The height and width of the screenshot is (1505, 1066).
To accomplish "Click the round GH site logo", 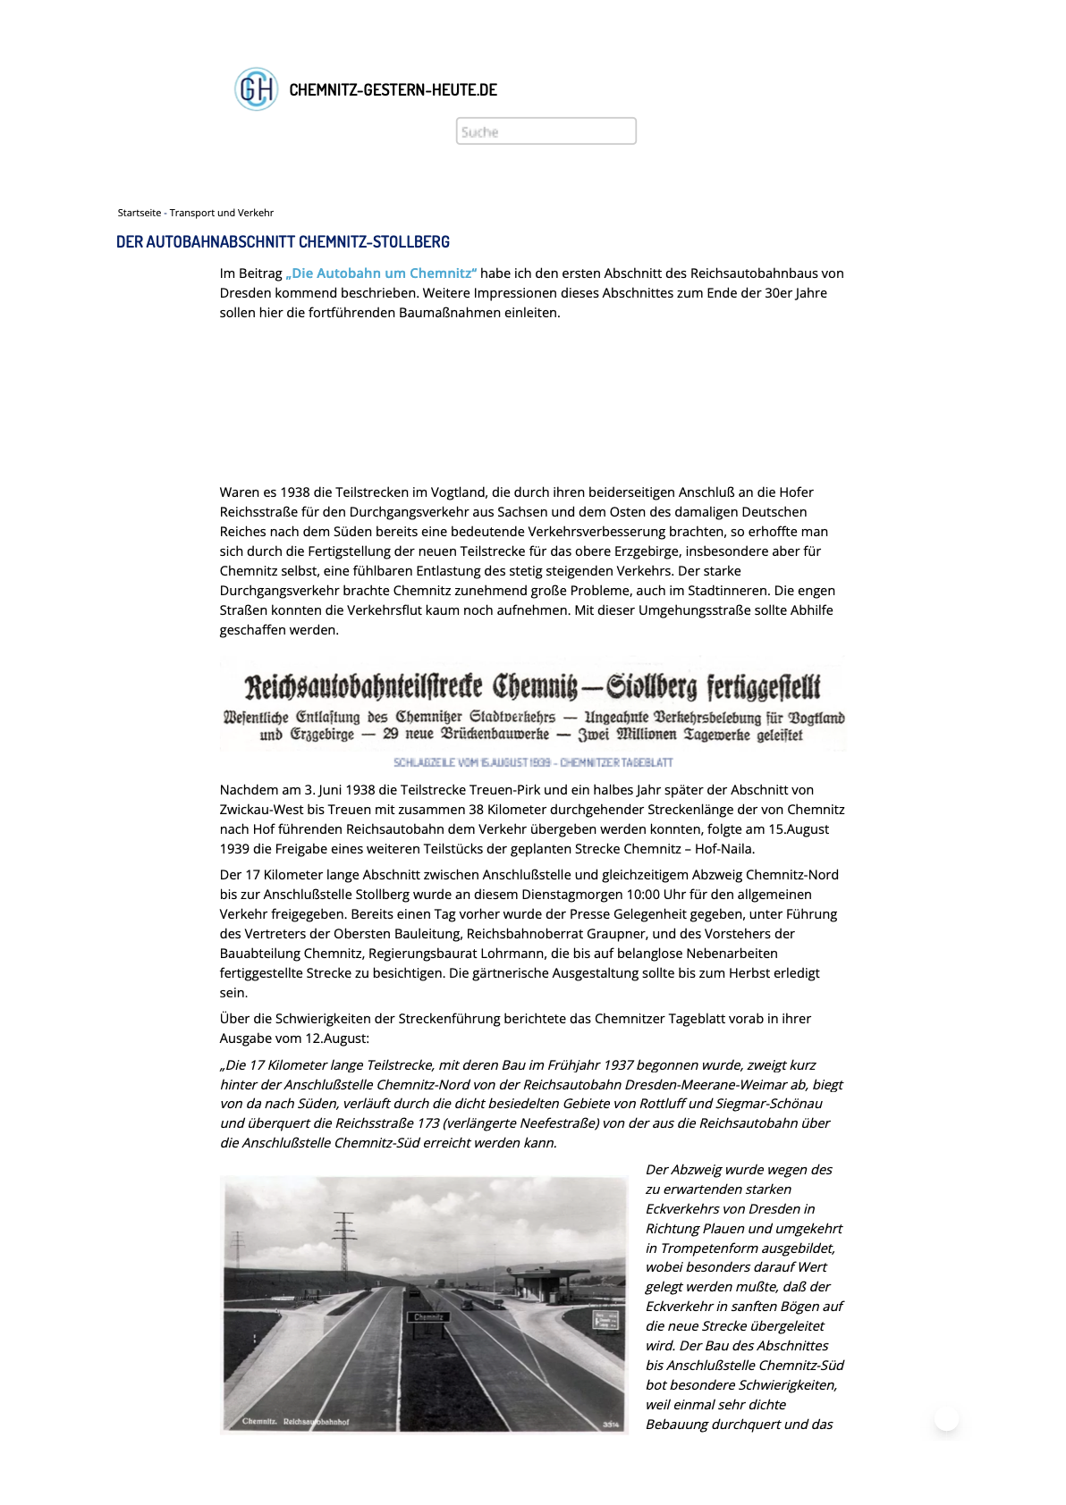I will coord(256,89).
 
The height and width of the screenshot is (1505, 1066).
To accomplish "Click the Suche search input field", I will coord(546,131).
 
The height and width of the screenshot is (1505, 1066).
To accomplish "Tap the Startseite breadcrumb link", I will coord(140,213).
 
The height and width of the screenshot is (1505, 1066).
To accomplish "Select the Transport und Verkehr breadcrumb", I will coord(222,213).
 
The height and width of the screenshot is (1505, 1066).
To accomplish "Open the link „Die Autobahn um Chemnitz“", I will coord(381,273).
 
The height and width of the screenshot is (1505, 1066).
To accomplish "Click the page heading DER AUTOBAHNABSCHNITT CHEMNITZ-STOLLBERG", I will coord(283,242).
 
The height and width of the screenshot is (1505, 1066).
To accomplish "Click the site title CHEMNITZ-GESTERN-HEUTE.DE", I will coord(393,89).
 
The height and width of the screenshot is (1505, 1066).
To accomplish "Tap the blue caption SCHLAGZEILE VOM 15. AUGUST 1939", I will coord(533,762).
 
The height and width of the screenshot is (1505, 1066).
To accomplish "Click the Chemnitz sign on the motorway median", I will coord(429,1316).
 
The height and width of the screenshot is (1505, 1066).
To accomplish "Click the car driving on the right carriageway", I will coord(467,1305).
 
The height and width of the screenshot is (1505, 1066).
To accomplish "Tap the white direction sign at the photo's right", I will coord(606,1320).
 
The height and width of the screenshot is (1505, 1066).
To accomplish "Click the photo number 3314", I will coord(611,1424).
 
